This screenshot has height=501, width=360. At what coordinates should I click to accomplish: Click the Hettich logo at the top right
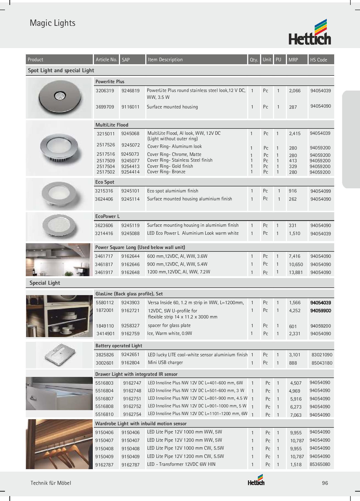click(x=310, y=32)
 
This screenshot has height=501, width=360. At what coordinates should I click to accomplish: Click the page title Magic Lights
click(x=52, y=23)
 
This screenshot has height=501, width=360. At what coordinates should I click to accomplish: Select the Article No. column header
click(x=106, y=60)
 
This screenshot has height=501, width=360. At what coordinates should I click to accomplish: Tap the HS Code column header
click(x=318, y=60)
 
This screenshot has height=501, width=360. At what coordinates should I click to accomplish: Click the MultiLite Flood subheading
click(x=112, y=125)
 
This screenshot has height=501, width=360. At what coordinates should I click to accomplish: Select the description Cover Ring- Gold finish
click(x=170, y=166)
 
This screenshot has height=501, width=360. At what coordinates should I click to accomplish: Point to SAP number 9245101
click(x=130, y=191)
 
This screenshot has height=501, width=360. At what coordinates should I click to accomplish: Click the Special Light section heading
click(x=45, y=283)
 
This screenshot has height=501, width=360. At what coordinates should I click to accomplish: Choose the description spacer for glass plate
click(x=169, y=326)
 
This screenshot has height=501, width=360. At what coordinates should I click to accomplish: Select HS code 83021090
click(x=322, y=355)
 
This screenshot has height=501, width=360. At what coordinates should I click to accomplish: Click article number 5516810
click(x=104, y=414)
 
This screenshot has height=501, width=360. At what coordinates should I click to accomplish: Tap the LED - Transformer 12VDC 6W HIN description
click(x=181, y=464)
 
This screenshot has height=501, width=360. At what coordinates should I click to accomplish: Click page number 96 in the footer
click(x=325, y=483)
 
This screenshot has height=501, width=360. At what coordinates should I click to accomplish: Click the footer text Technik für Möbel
click(x=51, y=483)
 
